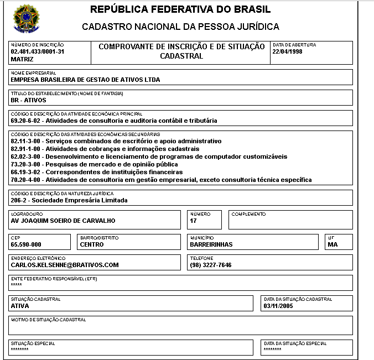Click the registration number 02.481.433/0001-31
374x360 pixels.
[x=38, y=51]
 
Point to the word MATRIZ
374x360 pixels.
[x=22, y=59]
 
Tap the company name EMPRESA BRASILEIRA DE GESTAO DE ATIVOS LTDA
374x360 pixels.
[x=85, y=80]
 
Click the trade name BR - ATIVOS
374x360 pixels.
[x=28, y=100]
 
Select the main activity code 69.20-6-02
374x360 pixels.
[x=26, y=121]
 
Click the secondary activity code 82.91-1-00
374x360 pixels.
[x=26, y=149]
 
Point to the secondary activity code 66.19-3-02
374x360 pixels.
[x=26, y=172]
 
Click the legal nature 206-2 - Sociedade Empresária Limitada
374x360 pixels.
[x=69, y=200]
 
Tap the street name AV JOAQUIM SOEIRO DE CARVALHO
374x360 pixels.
[x=63, y=221]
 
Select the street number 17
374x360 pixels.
[x=193, y=221]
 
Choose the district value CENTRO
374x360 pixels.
[x=92, y=244]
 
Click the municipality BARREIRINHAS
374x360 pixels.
[x=211, y=244]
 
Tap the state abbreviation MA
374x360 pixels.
[x=332, y=244]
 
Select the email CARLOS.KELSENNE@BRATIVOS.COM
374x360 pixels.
[x=65, y=265]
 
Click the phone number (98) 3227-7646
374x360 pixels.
[x=210, y=265]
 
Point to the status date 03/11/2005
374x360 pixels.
[x=279, y=305]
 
